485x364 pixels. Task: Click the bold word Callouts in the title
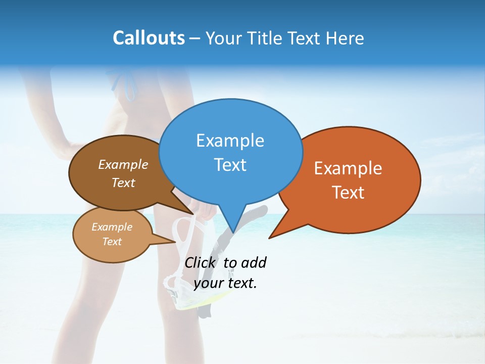point(149,38)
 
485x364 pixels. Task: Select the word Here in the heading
point(344,38)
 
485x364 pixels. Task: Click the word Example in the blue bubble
point(230,141)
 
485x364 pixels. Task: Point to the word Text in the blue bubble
point(230,165)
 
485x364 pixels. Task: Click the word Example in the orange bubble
point(348,168)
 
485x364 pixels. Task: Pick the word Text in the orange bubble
point(348,193)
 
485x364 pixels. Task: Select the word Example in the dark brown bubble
point(123,165)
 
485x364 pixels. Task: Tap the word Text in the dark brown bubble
point(123,183)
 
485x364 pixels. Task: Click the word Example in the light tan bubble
point(112,227)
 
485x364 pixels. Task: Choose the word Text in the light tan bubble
point(112,242)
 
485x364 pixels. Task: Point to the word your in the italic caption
point(209,283)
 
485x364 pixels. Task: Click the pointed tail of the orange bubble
point(273,235)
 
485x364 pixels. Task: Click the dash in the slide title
point(196,38)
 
